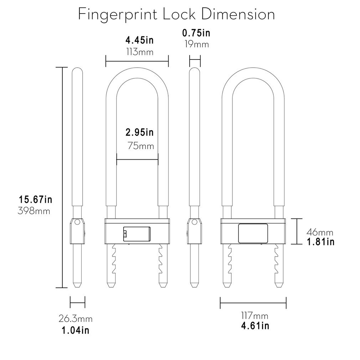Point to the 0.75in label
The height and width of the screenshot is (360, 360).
coord(196,33)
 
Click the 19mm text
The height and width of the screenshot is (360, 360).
coord(196,45)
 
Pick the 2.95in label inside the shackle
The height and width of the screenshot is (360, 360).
coord(139,133)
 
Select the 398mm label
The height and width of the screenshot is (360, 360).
coord(34,211)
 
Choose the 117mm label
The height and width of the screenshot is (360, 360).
coord(254,315)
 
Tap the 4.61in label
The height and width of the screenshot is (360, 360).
coord(254,325)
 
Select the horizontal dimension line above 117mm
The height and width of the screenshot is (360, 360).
coord(253,303)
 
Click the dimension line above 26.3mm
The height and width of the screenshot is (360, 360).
coord(77,303)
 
